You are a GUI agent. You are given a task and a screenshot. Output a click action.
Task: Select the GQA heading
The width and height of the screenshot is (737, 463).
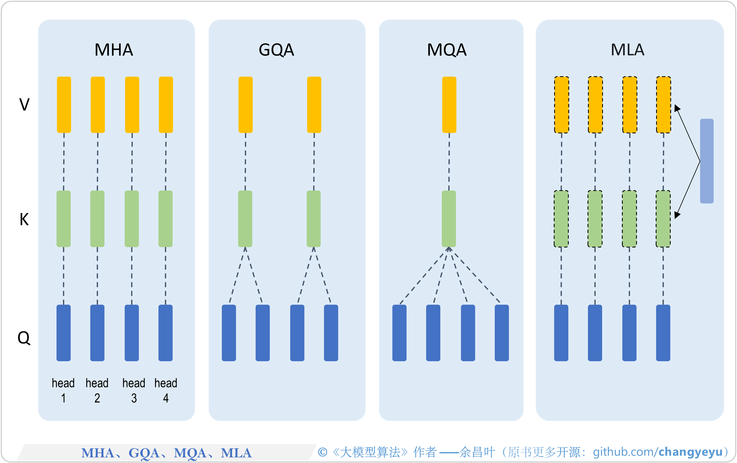pos(276,50)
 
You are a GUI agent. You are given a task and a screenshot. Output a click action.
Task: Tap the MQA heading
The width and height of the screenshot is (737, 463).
pos(447,50)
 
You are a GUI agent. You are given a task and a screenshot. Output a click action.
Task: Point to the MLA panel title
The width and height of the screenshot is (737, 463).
pos(628,50)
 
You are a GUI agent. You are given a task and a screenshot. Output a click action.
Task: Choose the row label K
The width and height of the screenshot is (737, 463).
pos(24,219)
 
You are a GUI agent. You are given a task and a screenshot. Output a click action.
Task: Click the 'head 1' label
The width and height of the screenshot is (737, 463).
pos(63,390)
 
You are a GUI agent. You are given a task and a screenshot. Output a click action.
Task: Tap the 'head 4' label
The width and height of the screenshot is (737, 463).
pos(166,390)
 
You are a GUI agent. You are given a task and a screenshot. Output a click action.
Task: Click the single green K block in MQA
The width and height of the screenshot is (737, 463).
pos(449,219)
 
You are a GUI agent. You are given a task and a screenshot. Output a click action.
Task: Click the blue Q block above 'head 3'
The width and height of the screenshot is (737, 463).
pos(132,333)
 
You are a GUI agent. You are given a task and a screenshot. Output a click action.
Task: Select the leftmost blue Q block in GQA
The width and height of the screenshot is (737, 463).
pos(229,333)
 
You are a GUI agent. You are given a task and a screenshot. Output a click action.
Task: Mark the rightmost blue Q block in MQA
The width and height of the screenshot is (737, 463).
pos(502,333)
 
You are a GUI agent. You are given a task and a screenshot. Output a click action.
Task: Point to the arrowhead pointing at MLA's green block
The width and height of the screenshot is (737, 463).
pos(677,215)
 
